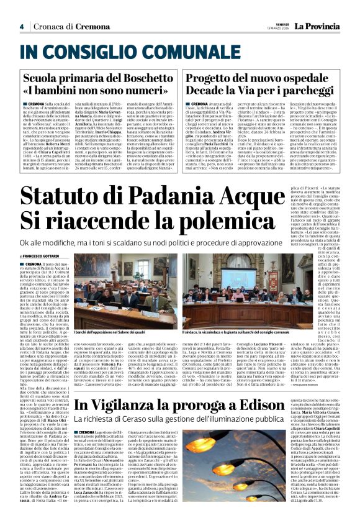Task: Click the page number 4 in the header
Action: coord(21,27)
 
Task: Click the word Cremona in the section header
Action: coord(92,27)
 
